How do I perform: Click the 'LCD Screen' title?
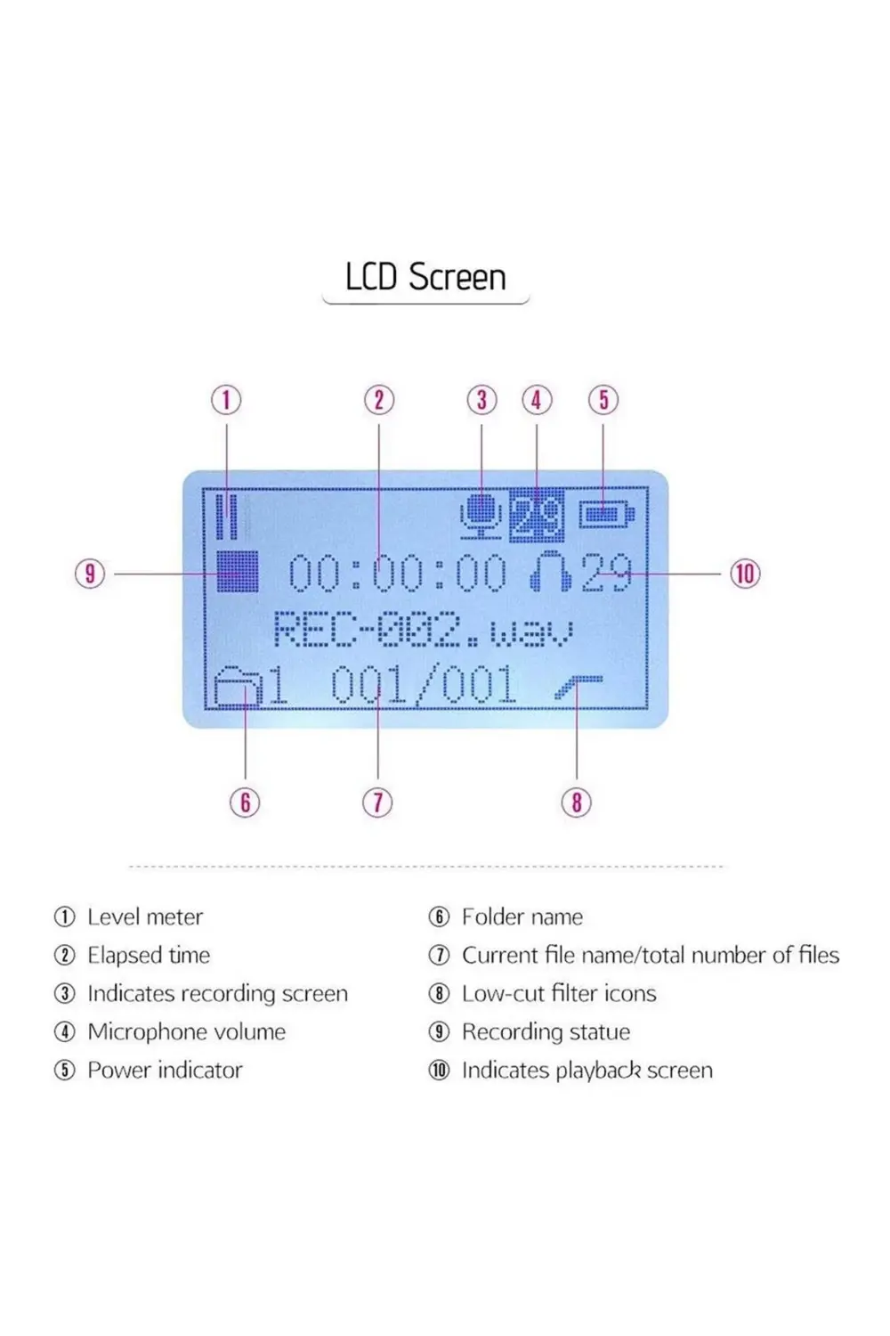point(425,277)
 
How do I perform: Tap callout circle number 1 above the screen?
point(226,400)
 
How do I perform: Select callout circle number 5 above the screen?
point(603,400)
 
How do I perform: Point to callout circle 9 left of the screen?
point(90,573)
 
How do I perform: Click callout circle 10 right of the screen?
point(745,573)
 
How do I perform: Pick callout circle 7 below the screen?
point(377,802)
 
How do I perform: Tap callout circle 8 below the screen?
point(577,802)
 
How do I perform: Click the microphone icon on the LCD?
point(481,516)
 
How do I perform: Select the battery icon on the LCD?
point(607,515)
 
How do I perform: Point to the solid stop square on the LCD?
point(238,571)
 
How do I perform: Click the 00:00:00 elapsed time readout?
point(397,573)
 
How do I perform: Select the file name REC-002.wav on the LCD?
point(423,630)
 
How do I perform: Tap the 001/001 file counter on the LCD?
point(424,686)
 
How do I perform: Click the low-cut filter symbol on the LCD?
point(578,687)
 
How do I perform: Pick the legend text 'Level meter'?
point(145,916)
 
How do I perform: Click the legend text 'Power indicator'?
point(165,1070)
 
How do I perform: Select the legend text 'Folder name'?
point(522,916)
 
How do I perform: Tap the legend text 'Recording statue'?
point(546,1031)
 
